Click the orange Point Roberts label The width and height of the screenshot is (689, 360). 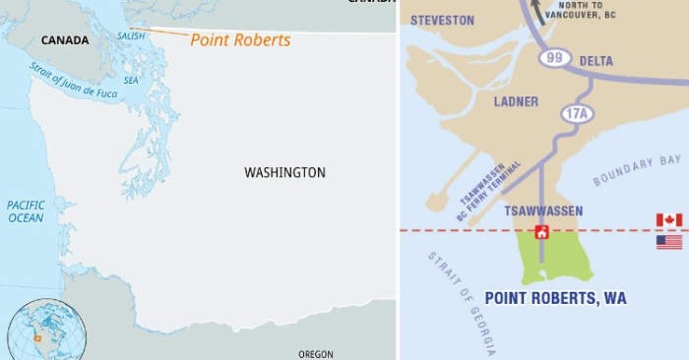[240, 40]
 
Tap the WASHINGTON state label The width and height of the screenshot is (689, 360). [284, 172]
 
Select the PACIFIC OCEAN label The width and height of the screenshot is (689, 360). [27, 210]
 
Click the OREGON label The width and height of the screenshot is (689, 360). [316, 354]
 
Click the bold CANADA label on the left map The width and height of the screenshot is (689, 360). [65, 40]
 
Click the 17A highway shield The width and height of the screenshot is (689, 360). [578, 114]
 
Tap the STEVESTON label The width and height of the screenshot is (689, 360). [442, 20]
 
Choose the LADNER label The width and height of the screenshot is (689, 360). [516, 101]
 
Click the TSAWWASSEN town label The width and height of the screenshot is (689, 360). [543, 211]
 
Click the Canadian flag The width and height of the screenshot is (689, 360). [669, 220]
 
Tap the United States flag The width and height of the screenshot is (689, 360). [669, 241]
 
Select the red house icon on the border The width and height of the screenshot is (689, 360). [540, 232]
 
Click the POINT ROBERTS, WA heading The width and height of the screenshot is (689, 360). [555, 297]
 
